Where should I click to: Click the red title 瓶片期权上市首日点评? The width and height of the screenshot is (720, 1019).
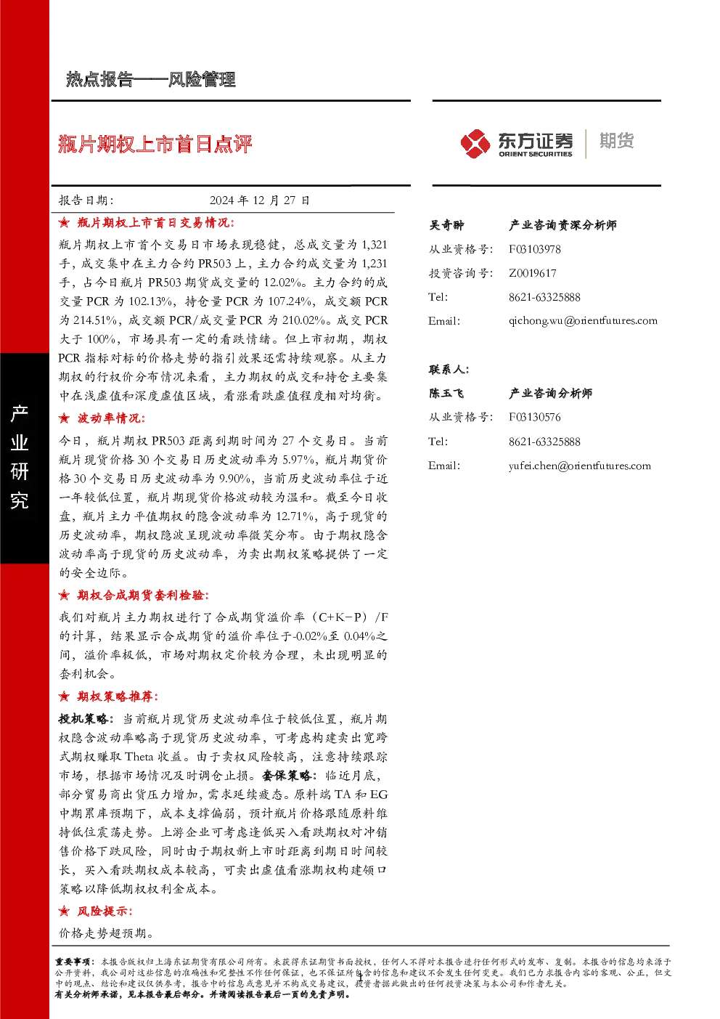(155, 145)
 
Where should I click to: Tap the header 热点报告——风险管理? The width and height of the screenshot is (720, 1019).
(151, 79)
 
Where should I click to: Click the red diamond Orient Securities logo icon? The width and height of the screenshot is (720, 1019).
(475, 144)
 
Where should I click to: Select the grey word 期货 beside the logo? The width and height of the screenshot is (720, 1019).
(616, 140)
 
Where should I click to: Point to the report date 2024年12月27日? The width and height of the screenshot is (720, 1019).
(260, 200)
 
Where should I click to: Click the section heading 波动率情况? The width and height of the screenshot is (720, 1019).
(111, 418)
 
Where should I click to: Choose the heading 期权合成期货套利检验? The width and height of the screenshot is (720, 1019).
(143, 595)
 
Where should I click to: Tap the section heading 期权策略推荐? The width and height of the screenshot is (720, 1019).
(118, 696)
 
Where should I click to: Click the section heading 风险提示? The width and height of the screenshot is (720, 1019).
(105, 911)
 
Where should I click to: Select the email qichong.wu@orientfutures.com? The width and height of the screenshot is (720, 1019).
(583, 321)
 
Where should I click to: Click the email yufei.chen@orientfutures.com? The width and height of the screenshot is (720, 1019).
(579, 466)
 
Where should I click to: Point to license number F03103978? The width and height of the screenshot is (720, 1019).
(534, 249)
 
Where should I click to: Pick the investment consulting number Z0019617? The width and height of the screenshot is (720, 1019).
(532, 273)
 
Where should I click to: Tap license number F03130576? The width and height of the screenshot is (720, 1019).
(534, 417)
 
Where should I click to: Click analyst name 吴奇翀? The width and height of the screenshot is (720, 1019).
(446, 225)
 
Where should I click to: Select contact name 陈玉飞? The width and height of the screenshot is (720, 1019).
(446, 393)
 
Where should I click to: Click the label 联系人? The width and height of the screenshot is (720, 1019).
(449, 369)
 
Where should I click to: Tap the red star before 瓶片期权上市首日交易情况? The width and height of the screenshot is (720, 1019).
(64, 222)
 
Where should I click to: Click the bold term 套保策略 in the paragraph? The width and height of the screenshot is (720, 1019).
(287, 775)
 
